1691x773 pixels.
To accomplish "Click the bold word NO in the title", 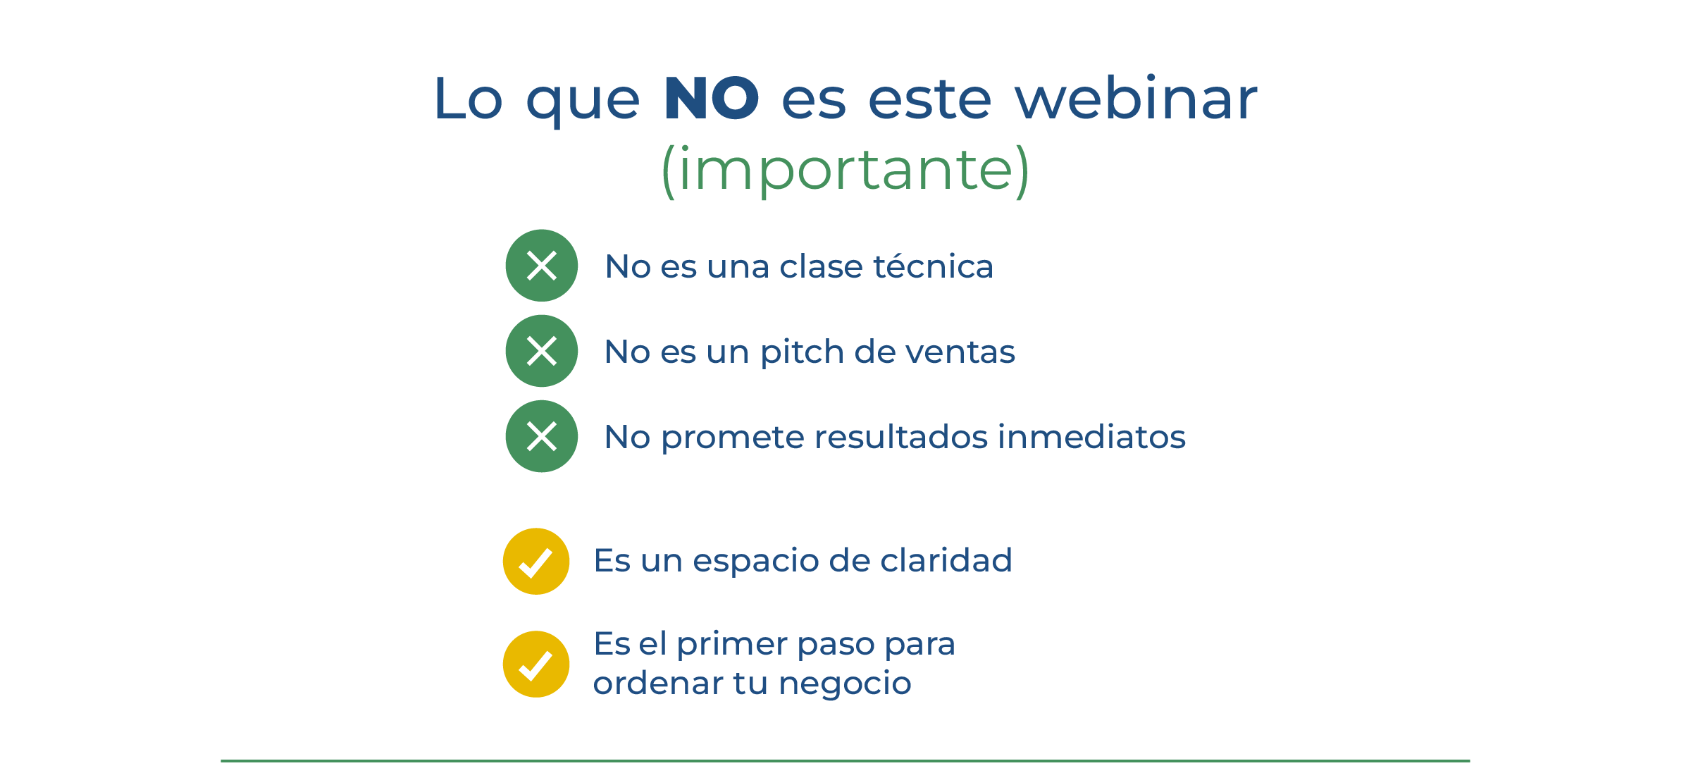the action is pos(711,98).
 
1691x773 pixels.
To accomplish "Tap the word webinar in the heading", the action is pos(1136,97).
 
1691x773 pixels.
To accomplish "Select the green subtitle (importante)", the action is pos(845,170).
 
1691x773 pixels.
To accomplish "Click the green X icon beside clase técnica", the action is pos(542,266).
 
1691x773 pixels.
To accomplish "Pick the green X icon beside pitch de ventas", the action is pos(542,351).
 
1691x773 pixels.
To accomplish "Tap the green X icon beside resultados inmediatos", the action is pos(542,436).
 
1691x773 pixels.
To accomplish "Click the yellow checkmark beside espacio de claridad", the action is pos(536,562).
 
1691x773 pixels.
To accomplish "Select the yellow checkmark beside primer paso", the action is pos(536,664).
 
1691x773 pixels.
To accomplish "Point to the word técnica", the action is pos(933,266).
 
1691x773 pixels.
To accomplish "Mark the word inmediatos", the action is pos(1092,437).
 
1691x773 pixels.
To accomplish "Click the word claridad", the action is pos(946,561).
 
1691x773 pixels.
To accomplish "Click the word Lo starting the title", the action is pos(468,99).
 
